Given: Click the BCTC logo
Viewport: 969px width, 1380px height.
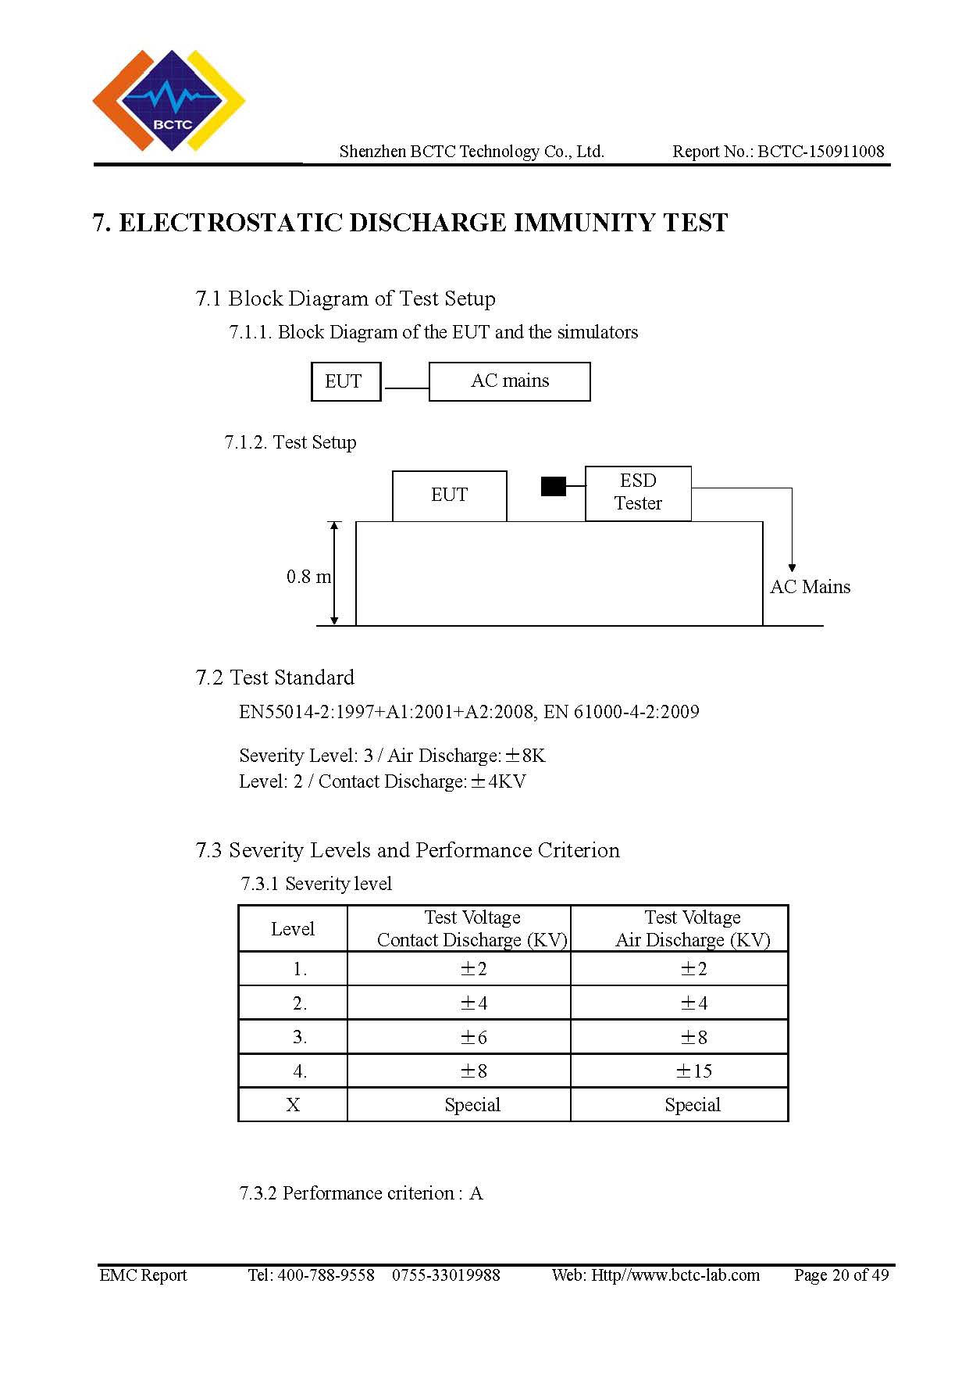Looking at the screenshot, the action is [169, 101].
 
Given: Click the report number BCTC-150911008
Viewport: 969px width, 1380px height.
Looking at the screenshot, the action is [821, 152].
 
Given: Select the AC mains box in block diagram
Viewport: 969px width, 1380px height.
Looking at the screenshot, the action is [510, 381].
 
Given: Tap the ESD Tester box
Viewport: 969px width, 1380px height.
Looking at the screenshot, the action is [638, 493].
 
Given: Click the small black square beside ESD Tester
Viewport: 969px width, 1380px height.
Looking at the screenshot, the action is [554, 486].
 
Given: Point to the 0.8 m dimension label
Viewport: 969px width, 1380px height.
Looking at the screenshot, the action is [308, 577].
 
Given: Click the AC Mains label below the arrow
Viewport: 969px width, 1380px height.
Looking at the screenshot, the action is [810, 587].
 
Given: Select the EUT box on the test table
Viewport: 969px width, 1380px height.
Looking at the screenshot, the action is [449, 495].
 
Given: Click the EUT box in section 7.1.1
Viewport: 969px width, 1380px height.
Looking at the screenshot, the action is [346, 381].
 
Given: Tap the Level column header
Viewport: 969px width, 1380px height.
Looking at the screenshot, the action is [293, 929].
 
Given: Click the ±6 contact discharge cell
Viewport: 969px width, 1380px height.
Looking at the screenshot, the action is [473, 1037].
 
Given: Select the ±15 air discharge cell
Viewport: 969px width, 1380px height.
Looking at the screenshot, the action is [693, 1071].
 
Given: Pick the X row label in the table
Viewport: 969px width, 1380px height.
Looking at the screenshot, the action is [293, 1105].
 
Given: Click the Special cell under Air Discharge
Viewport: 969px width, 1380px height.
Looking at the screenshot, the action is [693, 1105].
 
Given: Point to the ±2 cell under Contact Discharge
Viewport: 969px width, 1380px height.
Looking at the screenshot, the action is [473, 969].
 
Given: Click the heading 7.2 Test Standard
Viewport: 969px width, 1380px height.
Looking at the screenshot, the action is [275, 677].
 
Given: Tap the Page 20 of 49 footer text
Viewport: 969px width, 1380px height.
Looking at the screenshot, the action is [842, 1275].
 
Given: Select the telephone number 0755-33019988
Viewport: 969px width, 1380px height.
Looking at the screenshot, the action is [446, 1275].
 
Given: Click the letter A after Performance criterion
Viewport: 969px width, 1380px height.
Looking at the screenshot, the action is [476, 1193].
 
